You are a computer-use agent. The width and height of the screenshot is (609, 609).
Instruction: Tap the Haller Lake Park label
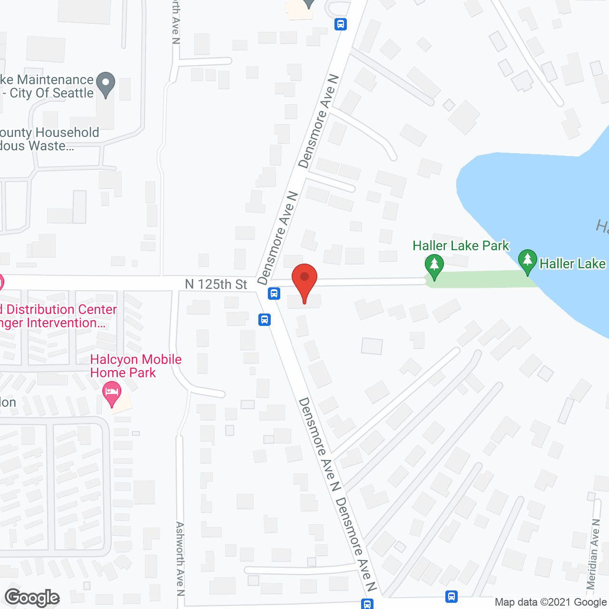click(461, 246)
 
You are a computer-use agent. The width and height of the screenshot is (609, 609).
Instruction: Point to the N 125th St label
click(216, 285)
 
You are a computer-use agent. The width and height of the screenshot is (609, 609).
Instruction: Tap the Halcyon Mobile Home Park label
click(136, 366)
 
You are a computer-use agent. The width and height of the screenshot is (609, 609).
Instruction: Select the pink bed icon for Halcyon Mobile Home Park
click(112, 393)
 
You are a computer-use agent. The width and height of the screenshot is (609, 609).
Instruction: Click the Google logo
click(32, 598)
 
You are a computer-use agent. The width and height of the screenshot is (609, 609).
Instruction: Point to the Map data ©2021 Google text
click(550, 602)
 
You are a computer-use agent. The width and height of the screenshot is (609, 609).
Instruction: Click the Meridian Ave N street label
click(593, 554)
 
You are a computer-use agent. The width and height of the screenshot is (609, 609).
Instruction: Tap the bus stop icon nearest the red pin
click(274, 293)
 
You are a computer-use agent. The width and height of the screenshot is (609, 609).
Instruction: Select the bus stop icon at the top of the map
click(341, 24)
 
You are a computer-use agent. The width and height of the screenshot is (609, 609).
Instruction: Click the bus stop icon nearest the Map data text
click(452, 596)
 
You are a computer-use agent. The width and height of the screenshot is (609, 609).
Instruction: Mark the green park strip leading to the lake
click(481, 279)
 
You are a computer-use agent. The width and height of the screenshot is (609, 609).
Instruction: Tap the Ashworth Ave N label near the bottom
click(180, 559)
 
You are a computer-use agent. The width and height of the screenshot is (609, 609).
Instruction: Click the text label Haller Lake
click(572, 264)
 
